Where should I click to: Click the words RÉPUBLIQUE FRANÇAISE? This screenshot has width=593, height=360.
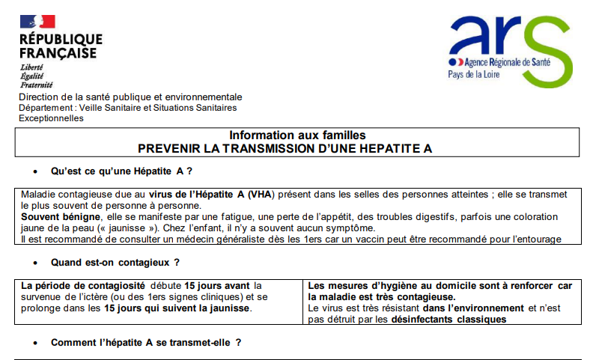pyautogui.click(x=61, y=46)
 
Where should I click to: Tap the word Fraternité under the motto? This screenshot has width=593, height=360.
pyautogui.click(x=36, y=85)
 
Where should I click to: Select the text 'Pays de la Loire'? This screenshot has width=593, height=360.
pyautogui.click(x=479, y=76)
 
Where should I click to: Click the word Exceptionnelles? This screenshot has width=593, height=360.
pyautogui.click(x=51, y=118)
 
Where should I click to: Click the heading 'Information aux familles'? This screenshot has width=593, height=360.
pyautogui.click(x=297, y=135)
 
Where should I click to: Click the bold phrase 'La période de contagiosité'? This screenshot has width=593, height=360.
pyautogui.click(x=84, y=285)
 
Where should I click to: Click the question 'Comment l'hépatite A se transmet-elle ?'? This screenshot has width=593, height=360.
pyautogui.click(x=146, y=343)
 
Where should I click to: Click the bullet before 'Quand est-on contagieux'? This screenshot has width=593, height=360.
pyautogui.click(x=35, y=263)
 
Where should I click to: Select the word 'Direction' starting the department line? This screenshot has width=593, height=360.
pyautogui.click(x=39, y=97)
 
